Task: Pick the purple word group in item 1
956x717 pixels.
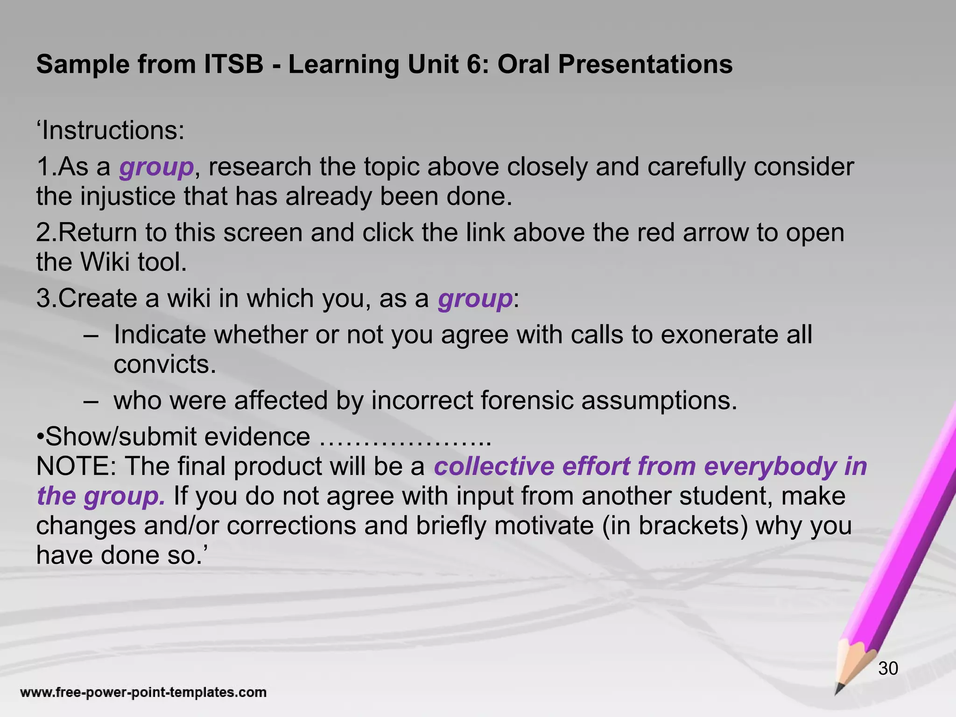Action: [156, 168]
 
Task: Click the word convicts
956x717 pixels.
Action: [165, 364]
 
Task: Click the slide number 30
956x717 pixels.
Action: [888, 668]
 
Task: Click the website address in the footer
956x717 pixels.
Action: [143, 692]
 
